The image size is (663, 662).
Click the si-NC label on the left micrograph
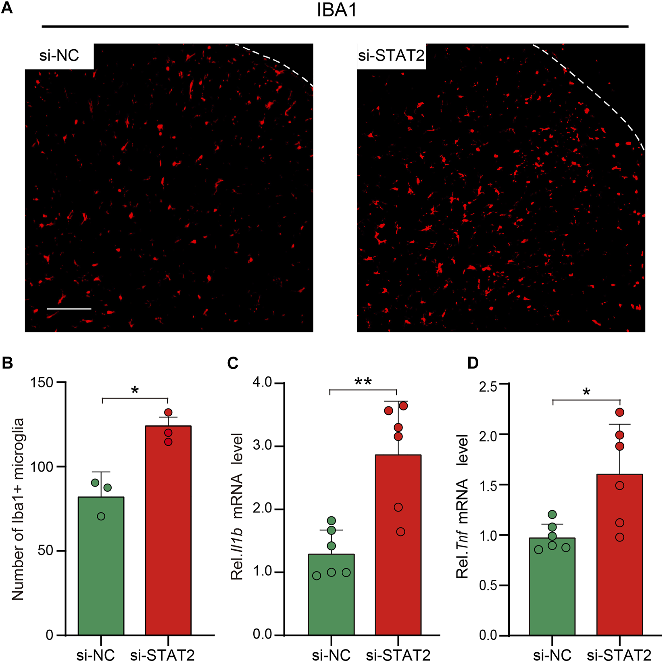59,55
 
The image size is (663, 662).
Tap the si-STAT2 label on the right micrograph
391,55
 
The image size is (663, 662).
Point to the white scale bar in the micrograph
69,309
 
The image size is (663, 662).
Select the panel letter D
473,363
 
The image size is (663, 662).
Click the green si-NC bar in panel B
101,565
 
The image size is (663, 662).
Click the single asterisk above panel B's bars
135,391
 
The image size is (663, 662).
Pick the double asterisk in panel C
363,382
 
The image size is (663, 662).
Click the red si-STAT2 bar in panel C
398,545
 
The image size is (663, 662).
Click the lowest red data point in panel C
400,532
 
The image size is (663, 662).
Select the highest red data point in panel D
620,412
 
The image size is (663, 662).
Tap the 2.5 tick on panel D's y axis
488,387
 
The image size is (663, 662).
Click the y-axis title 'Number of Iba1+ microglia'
18,509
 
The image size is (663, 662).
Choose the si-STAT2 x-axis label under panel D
619,654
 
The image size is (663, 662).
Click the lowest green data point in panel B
101,516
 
